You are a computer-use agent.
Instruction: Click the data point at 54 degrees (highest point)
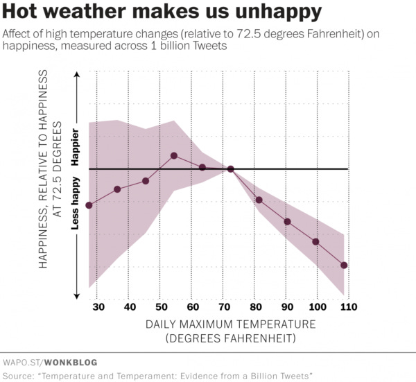[x=174, y=155]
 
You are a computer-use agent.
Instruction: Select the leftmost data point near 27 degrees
[x=89, y=205]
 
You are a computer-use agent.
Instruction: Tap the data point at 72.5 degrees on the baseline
[x=230, y=169]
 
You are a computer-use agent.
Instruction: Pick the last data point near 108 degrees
[x=344, y=266]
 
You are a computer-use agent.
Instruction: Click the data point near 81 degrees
[x=259, y=200]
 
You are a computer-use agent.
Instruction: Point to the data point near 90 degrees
[x=287, y=221]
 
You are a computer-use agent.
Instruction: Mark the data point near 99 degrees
[x=315, y=242]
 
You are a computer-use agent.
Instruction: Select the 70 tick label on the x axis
[x=223, y=307]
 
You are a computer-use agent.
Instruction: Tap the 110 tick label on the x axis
[x=347, y=307]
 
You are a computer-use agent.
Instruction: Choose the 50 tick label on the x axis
[x=160, y=307]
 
